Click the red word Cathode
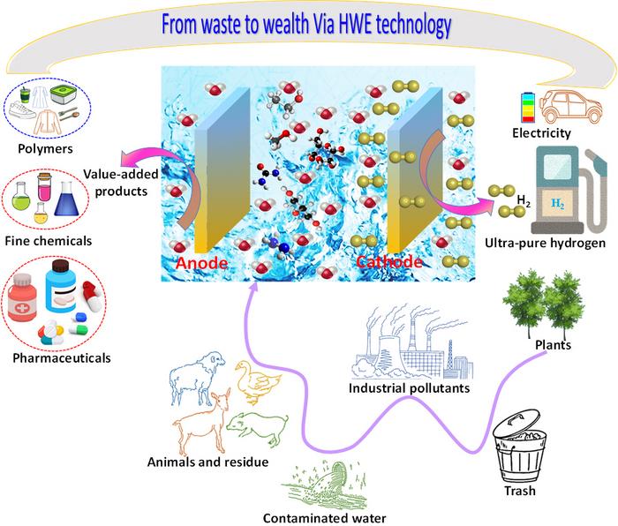coord(386,262)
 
